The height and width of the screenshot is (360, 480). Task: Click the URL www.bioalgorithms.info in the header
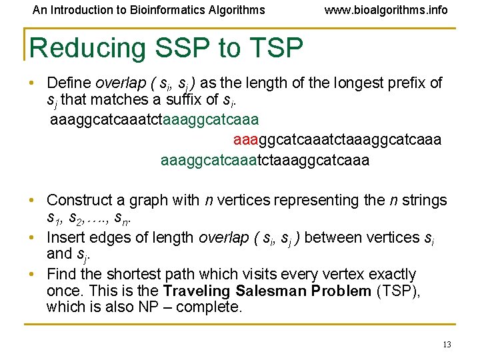(385, 10)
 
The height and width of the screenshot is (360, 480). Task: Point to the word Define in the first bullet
(69, 83)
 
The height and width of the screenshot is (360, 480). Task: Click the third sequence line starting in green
(265, 161)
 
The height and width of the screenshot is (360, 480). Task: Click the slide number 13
(447, 344)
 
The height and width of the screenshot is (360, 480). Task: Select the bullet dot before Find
(32, 275)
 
